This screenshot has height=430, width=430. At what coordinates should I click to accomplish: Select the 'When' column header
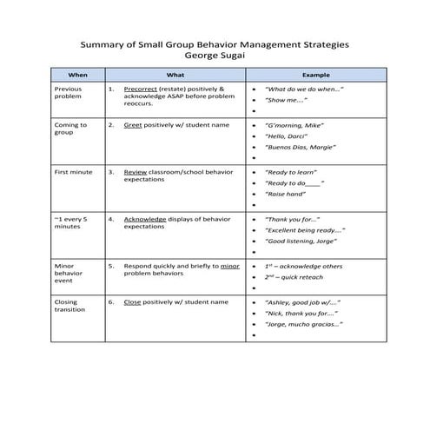[x=77, y=75]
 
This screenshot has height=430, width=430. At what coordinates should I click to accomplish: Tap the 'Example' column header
[x=314, y=75]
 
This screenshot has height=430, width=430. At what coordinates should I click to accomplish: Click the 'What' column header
[x=174, y=75]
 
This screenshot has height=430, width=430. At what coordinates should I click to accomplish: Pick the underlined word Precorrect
[x=140, y=89]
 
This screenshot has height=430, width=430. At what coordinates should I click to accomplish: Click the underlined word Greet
[x=133, y=125]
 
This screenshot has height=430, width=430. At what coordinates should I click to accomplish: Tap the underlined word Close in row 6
[x=132, y=301]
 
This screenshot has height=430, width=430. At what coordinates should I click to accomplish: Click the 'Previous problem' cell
[x=69, y=93]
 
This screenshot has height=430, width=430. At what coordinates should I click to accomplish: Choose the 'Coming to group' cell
[x=70, y=129]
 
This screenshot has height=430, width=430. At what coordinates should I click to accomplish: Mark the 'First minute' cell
[x=74, y=172]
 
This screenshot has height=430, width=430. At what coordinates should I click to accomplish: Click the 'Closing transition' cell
[x=70, y=306]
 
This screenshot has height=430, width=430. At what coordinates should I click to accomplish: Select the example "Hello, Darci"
[x=288, y=136]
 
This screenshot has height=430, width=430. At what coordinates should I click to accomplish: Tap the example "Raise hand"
[x=287, y=195]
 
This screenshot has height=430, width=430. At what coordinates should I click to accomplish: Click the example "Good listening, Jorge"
[x=301, y=241]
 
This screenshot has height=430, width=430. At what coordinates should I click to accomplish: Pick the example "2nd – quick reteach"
[x=297, y=276]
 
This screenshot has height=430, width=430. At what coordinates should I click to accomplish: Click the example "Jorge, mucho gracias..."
[x=303, y=324]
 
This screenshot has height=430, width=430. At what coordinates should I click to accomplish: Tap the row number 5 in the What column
[x=110, y=265]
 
